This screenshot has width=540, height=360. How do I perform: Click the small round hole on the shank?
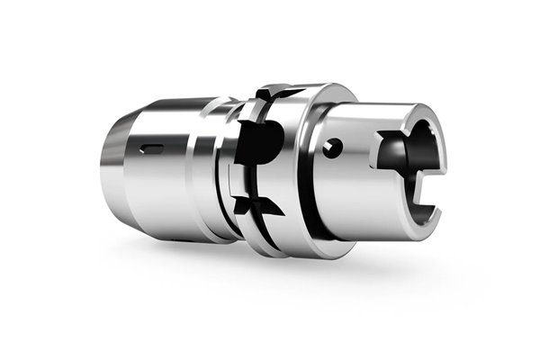coord(336,148)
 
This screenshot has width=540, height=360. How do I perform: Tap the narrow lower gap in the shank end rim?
coord(424,212)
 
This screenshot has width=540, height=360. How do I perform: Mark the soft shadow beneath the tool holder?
coord(270,270)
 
